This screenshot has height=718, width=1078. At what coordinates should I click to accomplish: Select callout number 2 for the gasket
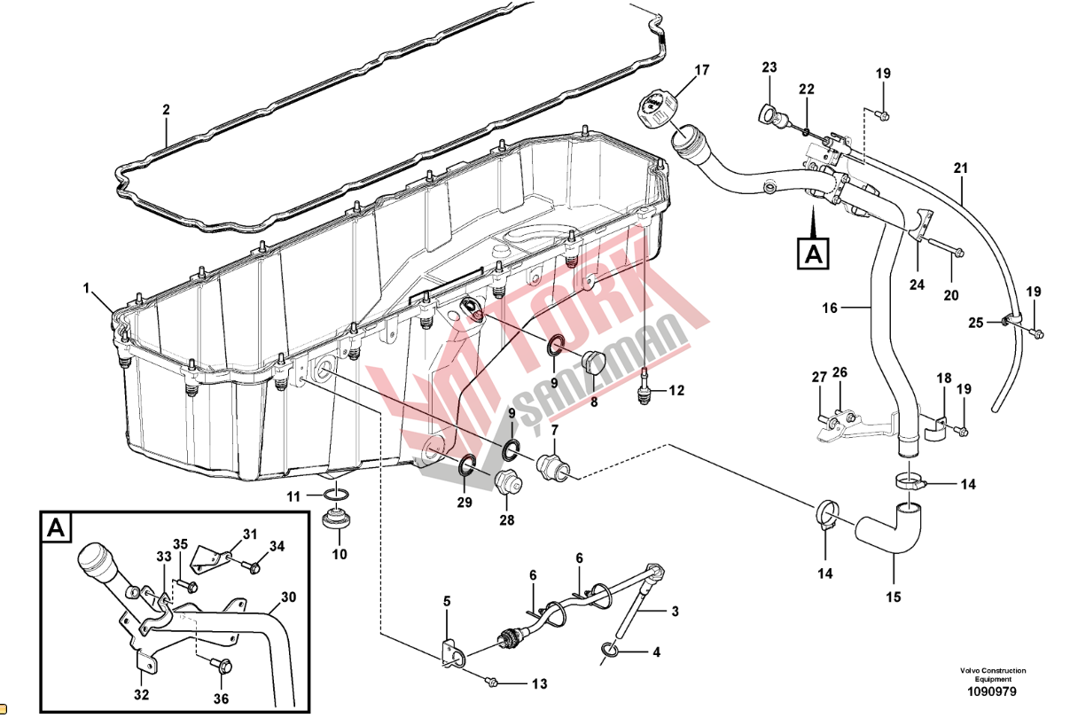[x=167, y=110]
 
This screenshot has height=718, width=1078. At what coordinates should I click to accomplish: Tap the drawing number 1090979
[x=992, y=691]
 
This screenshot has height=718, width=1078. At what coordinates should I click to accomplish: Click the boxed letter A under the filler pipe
[x=814, y=254]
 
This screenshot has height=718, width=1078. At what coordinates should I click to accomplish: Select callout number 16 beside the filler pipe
[x=830, y=308]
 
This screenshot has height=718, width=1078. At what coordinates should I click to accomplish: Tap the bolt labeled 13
[x=491, y=682]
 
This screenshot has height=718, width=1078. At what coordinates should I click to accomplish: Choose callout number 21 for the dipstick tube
[x=961, y=168]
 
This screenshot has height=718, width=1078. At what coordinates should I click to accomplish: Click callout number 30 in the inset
[x=288, y=597]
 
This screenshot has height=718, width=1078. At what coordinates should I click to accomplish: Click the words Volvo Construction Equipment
[x=993, y=675]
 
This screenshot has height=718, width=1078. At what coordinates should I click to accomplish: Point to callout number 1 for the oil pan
[x=86, y=288]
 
